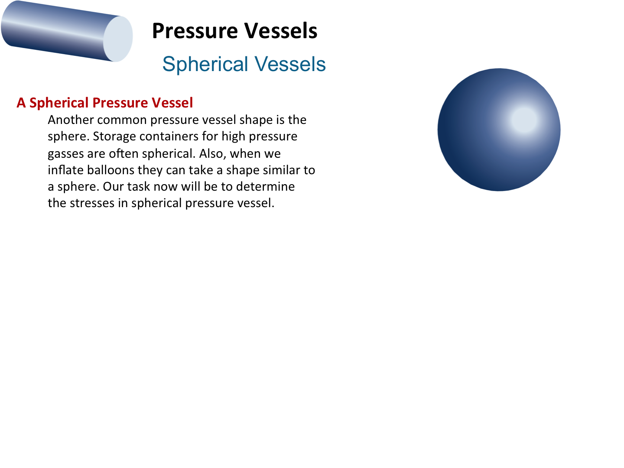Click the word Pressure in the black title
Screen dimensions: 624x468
click(195, 31)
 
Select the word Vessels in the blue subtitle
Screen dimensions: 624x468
click(290, 64)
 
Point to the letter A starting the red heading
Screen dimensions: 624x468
click(21, 103)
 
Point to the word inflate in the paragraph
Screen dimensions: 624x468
click(66, 170)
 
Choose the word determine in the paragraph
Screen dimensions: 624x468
click(265, 186)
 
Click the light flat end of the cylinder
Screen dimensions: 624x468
click(118, 39)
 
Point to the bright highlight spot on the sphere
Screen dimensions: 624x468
click(524, 120)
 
